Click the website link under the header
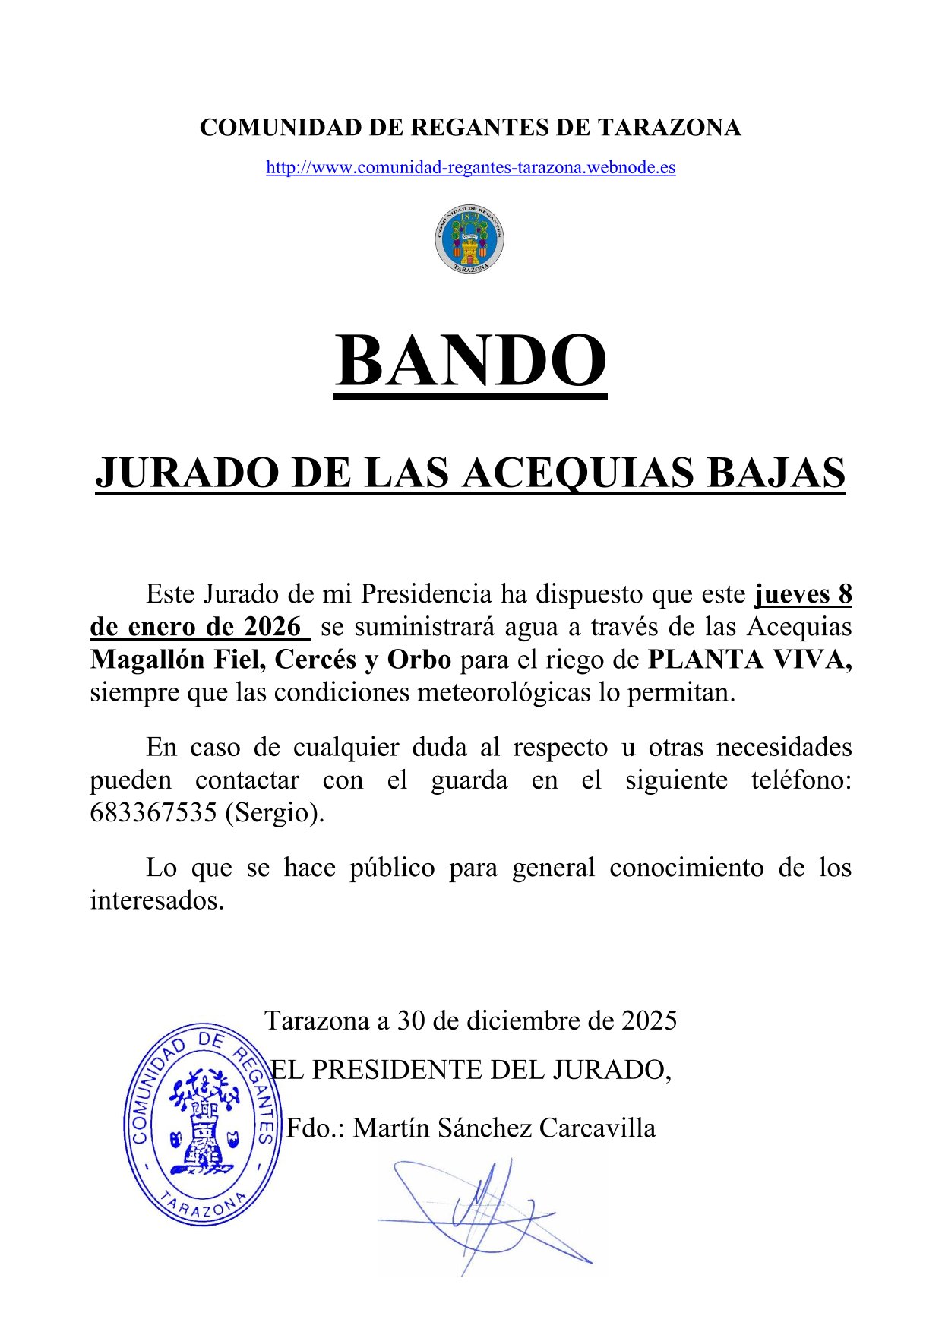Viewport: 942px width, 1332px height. pos(470,168)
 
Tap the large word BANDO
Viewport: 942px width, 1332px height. pos(471,362)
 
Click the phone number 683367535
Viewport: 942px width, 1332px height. pos(153,813)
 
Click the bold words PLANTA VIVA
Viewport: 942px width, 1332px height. pos(748,660)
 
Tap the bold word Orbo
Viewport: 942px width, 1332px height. pos(419,660)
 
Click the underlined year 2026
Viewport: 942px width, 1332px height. pos(272,627)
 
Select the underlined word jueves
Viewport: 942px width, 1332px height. pos(791,594)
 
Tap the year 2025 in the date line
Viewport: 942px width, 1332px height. pos(649,1020)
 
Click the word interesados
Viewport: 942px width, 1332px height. pos(157,901)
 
